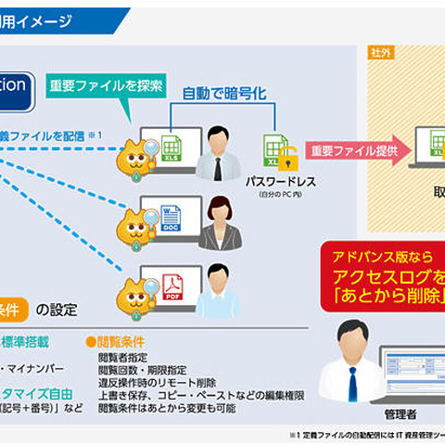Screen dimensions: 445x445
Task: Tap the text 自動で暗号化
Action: coord(222,95)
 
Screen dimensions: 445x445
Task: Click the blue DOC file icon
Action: coord(171,219)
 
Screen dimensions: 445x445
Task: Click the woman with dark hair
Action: coord(219,221)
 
